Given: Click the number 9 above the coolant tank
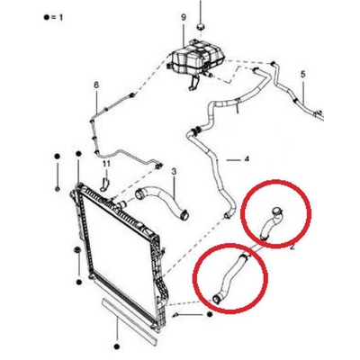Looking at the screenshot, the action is (x=184, y=18).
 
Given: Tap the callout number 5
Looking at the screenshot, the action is (x=303, y=74).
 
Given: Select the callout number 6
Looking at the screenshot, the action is (x=96, y=85).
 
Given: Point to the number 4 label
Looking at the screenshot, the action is (x=247, y=159).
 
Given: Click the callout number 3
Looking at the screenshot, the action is (x=174, y=172).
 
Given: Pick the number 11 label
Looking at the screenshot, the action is (x=107, y=164).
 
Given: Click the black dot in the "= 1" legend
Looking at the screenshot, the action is (x=46, y=18).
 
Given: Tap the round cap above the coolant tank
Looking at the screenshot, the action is (x=201, y=26).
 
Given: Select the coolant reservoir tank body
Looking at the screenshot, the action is (x=195, y=58).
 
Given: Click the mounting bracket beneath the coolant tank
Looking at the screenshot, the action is (x=193, y=83).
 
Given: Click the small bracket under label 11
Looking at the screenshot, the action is (x=104, y=184).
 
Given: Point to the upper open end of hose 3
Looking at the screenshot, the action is (x=139, y=194).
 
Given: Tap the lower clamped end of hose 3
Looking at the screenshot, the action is (x=184, y=215).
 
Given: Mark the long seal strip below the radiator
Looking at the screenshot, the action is (x=130, y=319).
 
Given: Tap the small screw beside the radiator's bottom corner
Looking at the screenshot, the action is (x=176, y=314).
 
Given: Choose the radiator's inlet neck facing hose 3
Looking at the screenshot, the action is (x=122, y=205).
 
